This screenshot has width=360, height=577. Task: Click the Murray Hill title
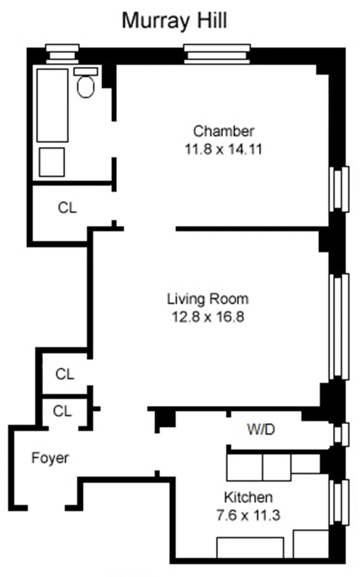174,21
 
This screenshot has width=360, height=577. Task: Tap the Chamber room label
223,131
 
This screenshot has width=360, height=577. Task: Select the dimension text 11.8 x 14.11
223,149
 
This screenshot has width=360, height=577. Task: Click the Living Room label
208,299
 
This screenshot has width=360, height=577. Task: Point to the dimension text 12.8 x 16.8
208,317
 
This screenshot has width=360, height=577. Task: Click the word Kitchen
248,497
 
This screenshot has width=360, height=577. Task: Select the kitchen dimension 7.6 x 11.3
248,515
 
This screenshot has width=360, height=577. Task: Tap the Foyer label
50,458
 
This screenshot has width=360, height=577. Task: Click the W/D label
261,429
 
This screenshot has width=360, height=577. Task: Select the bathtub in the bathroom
52,105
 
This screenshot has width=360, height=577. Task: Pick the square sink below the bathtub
52,162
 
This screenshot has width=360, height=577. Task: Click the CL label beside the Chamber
67,208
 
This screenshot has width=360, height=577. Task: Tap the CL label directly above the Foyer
62,411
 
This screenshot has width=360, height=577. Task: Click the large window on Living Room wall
339,327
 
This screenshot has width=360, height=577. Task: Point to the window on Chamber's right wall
339,189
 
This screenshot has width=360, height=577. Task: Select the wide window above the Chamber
217,54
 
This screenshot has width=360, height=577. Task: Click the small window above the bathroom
62,54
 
